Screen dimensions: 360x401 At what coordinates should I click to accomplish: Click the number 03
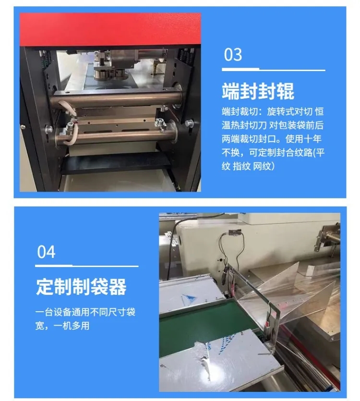pyautogui.click(x=233, y=54)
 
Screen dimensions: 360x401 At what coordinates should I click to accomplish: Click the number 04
pyautogui.click(x=46, y=252)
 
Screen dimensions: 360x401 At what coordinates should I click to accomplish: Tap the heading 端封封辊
pyautogui.click(x=258, y=91)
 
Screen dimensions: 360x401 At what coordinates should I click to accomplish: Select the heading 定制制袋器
pyautogui.click(x=81, y=287)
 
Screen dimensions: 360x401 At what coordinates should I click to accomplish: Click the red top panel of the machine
pyautogui.click(x=110, y=29)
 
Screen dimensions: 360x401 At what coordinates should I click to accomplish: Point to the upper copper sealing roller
pyautogui.click(x=116, y=98)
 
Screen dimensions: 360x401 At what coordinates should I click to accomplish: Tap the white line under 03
pyautogui.click(x=273, y=70)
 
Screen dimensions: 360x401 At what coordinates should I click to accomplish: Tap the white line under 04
pyautogui.click(x=87, y=266)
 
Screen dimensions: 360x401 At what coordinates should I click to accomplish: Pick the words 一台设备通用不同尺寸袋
pyautogui.click(x=85, y=312)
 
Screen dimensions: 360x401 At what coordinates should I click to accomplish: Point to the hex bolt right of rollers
pyautogui.click(x=189, y=123)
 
